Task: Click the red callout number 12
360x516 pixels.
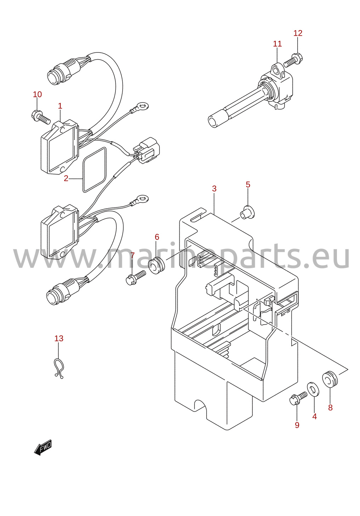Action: point(298,33)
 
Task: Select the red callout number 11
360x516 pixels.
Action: point(277,44)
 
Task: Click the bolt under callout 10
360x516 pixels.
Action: point(40,117)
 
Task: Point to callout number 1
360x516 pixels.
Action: point(60,106)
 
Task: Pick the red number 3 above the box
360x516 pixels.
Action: point(214,189)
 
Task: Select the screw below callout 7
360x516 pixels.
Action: point(136,278)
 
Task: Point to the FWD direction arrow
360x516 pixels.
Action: point(43,447)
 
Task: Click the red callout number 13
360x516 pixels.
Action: point(59,338)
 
